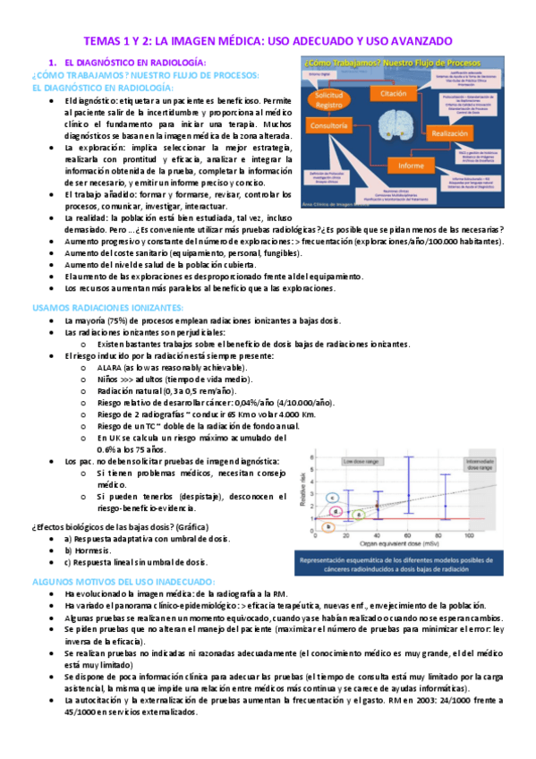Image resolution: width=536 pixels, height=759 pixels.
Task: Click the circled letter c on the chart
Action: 333,497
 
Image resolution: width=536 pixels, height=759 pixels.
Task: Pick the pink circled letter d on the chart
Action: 334,510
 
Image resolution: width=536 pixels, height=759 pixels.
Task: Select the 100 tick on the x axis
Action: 468,534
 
